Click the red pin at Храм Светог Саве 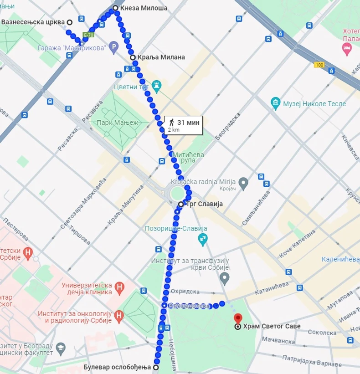[237, 319]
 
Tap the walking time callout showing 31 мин [183, 125]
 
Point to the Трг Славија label [204, 204]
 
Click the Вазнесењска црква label [33, 22]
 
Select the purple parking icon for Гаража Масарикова [113, 46]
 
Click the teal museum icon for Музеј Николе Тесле [275, 103]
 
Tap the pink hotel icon [347, 48]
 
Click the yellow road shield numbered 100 [319, 66]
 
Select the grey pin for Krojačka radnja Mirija [244, 184]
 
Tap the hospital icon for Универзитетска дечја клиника [119, 287]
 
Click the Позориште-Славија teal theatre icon [202, 238]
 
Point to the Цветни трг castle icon [157, 85]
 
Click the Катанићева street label [272, 287]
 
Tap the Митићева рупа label [188, 158]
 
